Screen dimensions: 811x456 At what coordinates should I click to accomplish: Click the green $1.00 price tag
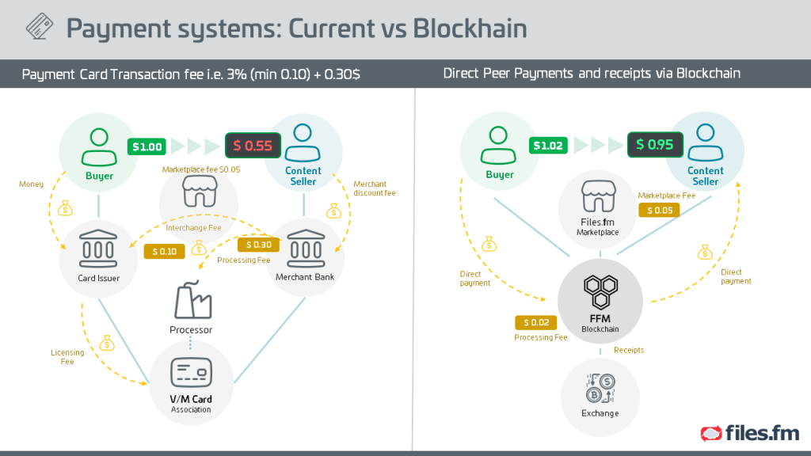click(x=147, y=146)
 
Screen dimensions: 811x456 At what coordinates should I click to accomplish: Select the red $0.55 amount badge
click(x=253, y=146)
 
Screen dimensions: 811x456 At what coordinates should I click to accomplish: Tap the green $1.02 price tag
click(x=548, y=146)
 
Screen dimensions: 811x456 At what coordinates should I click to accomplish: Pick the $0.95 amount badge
click(x=655, y=144)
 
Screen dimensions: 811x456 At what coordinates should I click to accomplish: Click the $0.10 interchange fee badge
click(x=165, y=252)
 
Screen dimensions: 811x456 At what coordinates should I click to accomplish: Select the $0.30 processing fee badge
click(x=259, y=245)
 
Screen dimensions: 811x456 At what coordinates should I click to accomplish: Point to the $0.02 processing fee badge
click(x=536, y=323)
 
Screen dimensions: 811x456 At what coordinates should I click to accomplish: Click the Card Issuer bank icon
click(x=98, y=249)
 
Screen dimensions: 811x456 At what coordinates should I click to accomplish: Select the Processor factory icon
click(x=192, y=300)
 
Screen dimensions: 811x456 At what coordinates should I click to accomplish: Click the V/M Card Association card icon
click(x=192, y=372)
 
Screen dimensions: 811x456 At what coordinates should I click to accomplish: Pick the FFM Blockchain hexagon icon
click(x=600, y=291)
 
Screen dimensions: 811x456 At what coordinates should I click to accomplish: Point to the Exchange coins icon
click(x=600, y=388)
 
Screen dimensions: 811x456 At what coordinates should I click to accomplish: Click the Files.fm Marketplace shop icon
click(x=599, y=196)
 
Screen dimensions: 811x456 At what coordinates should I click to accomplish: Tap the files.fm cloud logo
click(x=711, y=433)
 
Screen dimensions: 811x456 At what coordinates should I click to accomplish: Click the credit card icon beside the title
click(x=40, y=26)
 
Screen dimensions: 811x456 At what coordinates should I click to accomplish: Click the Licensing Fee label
click(x=67, y=357)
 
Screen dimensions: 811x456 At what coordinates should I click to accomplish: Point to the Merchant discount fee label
click(x=374, y=188)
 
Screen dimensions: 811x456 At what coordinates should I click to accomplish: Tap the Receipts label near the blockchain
click(x=629, y=350)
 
